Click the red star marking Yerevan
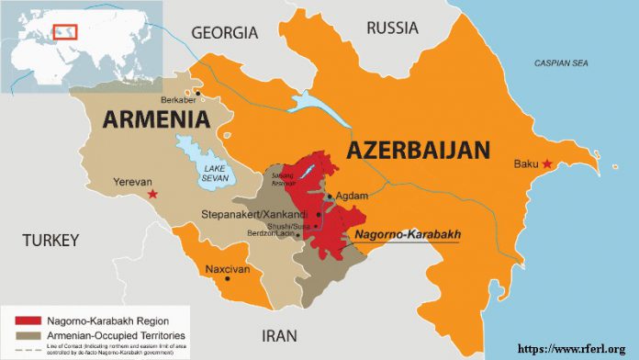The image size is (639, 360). point(153,194)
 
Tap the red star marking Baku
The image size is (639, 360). point(548,164)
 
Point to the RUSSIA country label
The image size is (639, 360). point(392,28)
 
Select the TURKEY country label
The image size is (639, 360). point(52,240)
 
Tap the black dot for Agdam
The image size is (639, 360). point(330,196)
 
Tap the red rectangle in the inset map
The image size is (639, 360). point(65,30)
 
